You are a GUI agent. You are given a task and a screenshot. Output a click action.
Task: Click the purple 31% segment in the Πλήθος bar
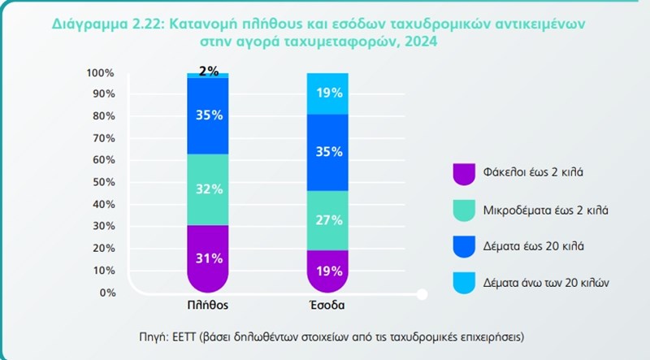point(208,258)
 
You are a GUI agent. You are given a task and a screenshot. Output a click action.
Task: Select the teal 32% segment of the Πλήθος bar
point(208,189)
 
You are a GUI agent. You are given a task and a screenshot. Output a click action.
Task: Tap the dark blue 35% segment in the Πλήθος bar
point(208,115)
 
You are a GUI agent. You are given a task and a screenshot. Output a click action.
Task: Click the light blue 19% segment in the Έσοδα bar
point(327,93)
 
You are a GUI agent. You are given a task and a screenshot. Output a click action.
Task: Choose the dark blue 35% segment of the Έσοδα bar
point(327,152)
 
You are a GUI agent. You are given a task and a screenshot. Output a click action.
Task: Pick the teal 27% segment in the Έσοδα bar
point(327,219)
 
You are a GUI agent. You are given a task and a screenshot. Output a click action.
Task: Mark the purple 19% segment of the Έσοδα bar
point(327,271)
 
